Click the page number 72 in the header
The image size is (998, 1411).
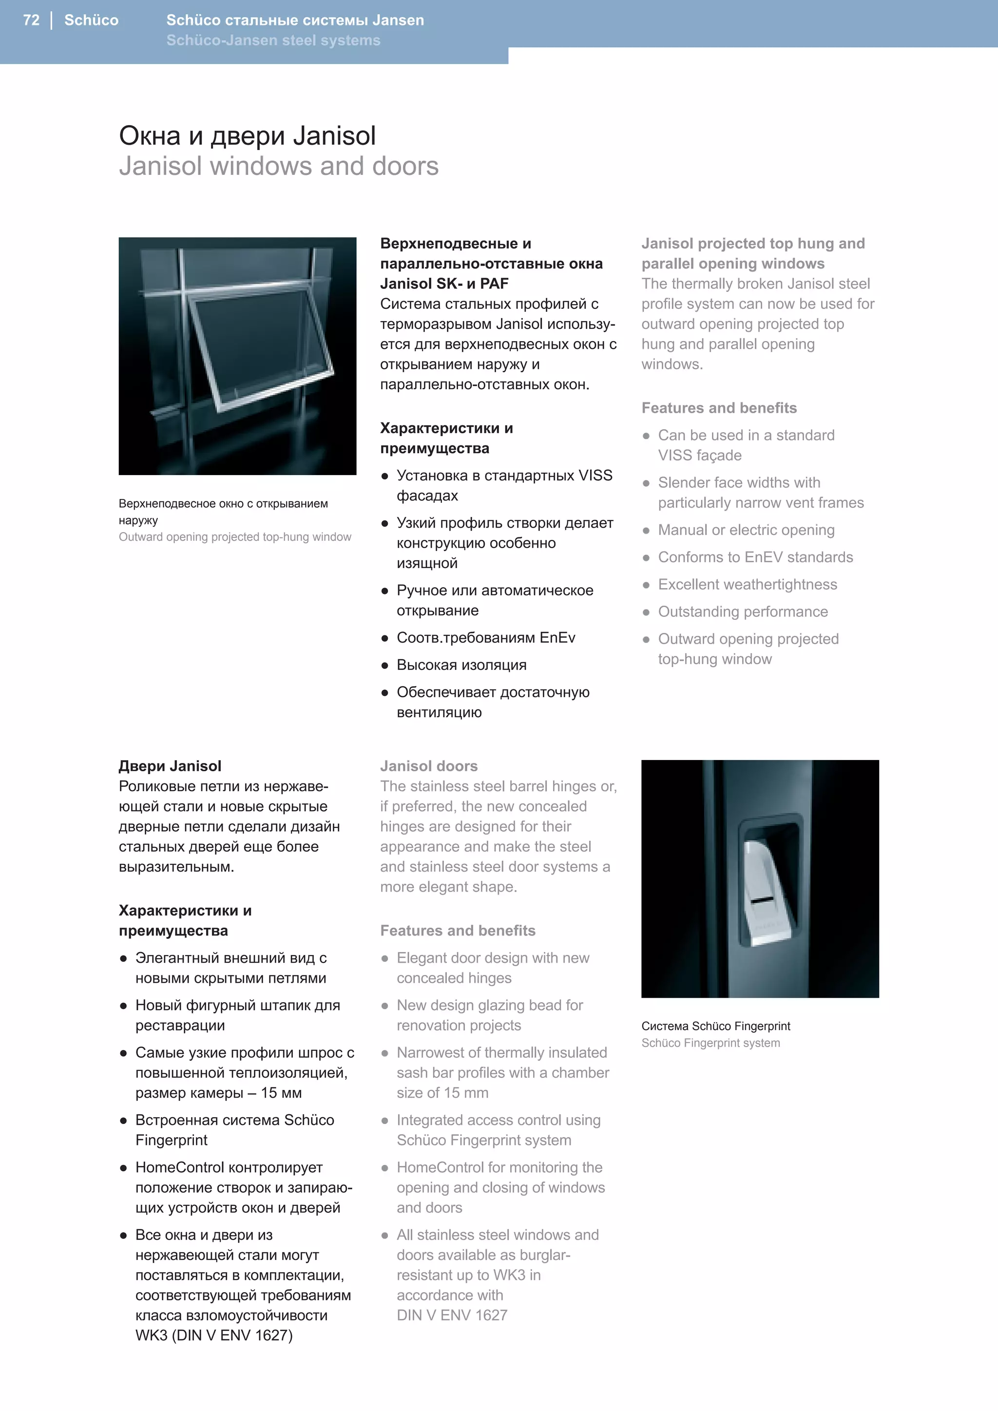(x=31, y=20)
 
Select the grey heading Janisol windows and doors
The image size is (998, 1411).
(x=278, y=166)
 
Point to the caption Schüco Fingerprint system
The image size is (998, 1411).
(x=710, y=1043)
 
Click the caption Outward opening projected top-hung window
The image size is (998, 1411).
(x=235, y=537)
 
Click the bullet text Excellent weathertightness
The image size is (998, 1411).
(x=747, y=585)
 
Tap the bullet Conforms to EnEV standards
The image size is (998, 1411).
(x=755, y=557)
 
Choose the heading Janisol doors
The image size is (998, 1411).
(x=428, y=766)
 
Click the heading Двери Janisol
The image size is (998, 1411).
(x=170, y=766)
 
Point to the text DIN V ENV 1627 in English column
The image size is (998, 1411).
(x=452, y=1315)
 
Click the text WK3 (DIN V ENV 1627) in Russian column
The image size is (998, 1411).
(x=214, y=1335)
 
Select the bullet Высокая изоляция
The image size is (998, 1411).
(x=461, y=665)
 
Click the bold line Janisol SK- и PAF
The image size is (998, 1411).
(x=444, y=284)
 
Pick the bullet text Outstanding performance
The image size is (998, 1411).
(x=743, y=611)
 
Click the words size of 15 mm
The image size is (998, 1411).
(x=442, y=1093)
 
